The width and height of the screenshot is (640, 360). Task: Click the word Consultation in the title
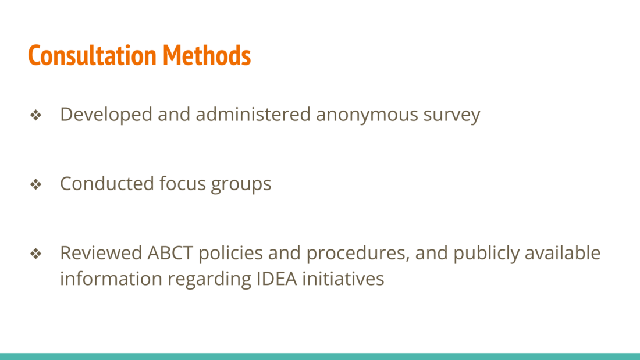coord(93,55)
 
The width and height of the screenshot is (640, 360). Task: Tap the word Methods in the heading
coord(207,55)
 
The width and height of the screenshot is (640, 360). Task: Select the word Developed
coord(106,115)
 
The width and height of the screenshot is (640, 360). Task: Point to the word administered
coord(253,114)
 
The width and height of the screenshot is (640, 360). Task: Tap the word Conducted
coord(107,183)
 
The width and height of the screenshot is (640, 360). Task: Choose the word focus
coord(183,183)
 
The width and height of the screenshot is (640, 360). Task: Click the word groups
coord(241,184)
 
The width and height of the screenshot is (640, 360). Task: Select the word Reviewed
coord(101,252)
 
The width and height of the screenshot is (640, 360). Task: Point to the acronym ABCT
coord(170,253)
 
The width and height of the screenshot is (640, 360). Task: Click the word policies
coord(230,254)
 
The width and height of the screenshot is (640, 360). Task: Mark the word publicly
coord(486,254)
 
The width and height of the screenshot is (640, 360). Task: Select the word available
coord(563,252)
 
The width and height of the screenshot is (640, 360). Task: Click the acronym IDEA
coord(276,279)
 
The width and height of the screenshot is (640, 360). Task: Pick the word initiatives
coord(343,279)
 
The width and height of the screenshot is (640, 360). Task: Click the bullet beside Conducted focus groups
coord(36,184)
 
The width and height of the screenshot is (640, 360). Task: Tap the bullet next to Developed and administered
coord(36,115)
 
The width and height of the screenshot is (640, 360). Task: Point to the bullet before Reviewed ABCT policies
coord(36,254)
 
